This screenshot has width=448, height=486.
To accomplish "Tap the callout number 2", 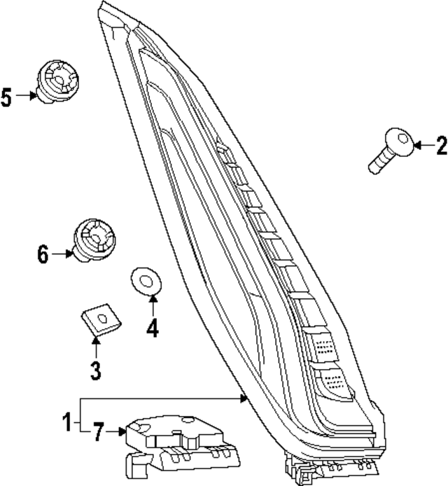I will tap(440, 146).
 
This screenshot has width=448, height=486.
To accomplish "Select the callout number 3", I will tap(95, 369).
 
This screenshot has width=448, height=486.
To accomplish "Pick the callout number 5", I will tap(6, 97).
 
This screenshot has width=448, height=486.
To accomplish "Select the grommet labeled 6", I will tap(93, 238).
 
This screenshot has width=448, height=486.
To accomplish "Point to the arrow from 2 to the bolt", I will tap(422, 146).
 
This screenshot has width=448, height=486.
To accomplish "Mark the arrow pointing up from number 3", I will tap(95, 345).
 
